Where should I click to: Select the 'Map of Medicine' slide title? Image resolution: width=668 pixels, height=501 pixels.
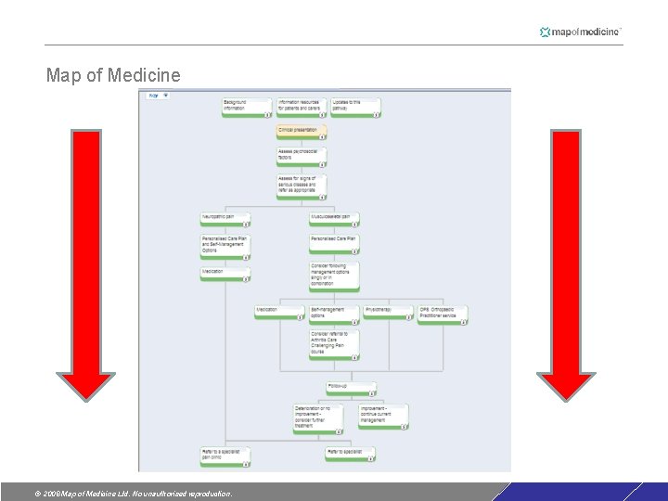[113, 75]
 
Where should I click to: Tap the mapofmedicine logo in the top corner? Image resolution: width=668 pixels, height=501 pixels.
[581, 32]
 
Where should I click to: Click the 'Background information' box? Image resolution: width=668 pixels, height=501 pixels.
[247, 107]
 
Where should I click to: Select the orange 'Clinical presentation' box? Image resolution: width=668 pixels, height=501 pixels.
[302, 132]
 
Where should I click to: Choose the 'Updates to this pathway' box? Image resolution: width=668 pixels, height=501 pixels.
[355, 107]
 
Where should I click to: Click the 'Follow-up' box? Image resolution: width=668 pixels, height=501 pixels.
[352, 388]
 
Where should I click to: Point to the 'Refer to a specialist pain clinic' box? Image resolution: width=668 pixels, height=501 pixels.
[225, 455]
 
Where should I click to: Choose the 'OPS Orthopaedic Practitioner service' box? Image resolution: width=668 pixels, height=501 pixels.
[443, 315]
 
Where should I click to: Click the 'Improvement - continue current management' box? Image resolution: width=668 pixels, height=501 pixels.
[383, 416]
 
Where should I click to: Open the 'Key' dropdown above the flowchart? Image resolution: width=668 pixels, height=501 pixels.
[158, 95]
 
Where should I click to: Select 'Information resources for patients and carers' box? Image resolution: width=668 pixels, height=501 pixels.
[302, 107]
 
